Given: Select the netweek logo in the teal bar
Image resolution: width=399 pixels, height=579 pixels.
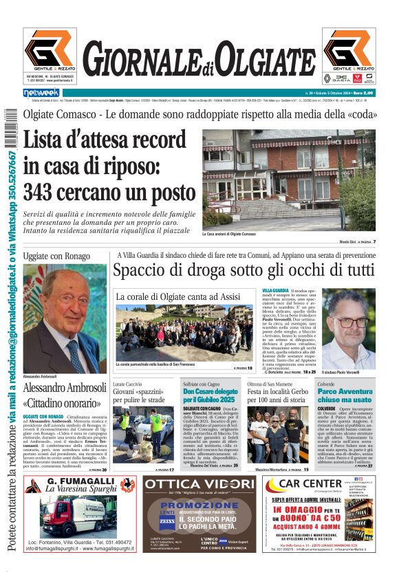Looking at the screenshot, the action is [41, 92].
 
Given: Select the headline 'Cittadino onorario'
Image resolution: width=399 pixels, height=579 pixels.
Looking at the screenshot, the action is [65, 403].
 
